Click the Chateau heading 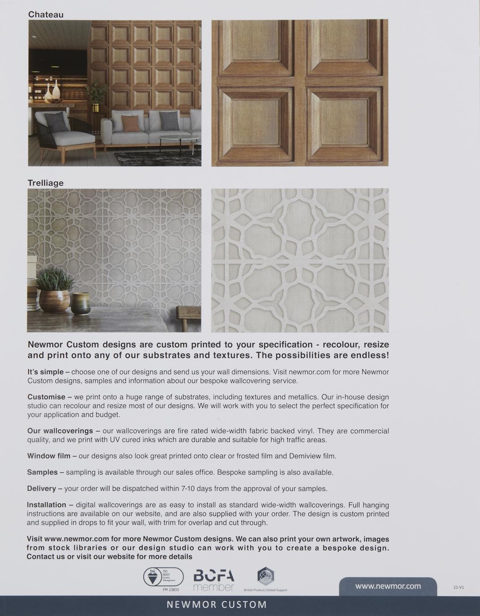click(x=46, y=14)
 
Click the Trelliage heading click(x=46, y=183)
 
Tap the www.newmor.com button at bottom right click(x=388, y=586)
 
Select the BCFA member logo click(x=214, y=580)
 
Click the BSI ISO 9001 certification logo click(x=163, y=577)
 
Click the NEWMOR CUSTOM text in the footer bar click(x=217, y=605)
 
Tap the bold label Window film click(x=48, y=456)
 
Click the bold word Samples click(x=42, y=472)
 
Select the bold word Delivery click(x=41, y=488)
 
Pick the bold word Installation click(x=46, y=505)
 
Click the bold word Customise click(x=46, y=397)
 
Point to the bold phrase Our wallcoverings click(x=60, y=431)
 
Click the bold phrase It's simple click(x=45, y=372)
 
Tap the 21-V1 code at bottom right click(x=458, y=587)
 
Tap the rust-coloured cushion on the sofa click(x=131, y=123)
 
